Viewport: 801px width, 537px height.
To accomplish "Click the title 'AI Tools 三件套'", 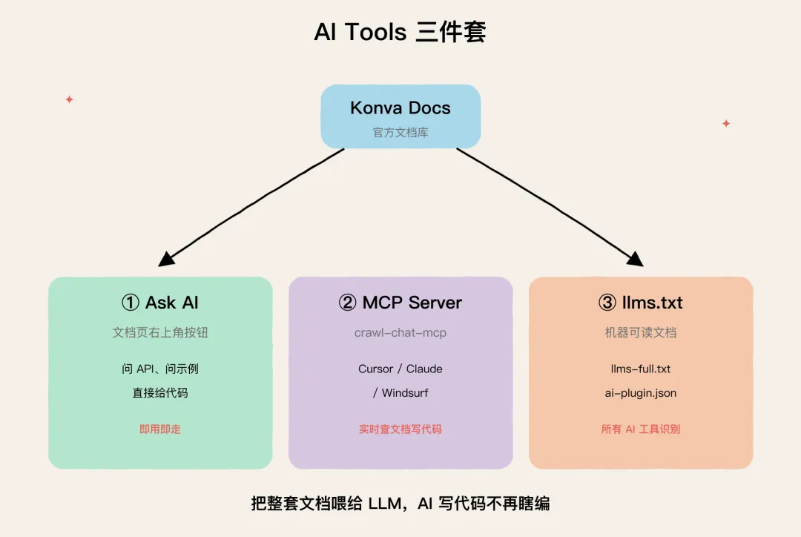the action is [400, 32].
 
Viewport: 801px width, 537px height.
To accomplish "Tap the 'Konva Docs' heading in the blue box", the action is [400, 108].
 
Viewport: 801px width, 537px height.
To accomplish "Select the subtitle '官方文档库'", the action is [400, 132].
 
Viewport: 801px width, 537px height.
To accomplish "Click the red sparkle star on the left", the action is [70, 99].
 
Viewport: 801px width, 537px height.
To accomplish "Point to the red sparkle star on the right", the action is [726, 123].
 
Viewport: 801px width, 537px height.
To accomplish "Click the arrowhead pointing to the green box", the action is [167, 259].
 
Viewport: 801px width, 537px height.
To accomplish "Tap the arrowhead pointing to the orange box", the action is [635, 259].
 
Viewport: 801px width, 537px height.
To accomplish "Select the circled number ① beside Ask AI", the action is [131, 303].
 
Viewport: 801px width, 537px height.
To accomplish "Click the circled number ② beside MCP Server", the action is [347, 303].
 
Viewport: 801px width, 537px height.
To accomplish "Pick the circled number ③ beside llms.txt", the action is [607, 303].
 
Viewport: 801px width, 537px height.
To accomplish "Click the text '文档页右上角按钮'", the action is [160, 332].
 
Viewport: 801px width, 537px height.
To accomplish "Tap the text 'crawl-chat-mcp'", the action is [400, 332].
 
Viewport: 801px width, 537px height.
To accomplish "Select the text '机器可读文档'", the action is [641, 332].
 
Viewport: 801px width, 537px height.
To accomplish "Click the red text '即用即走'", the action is [160, 429].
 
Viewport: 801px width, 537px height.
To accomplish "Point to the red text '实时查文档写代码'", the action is [400, 429].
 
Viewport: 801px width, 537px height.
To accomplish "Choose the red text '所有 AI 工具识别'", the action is [641, 429].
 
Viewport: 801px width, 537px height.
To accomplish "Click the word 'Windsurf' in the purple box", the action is [405, 393].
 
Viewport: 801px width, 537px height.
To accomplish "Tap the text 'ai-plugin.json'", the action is [641, 393].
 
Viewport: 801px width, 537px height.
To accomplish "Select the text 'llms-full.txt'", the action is [641, 369].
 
